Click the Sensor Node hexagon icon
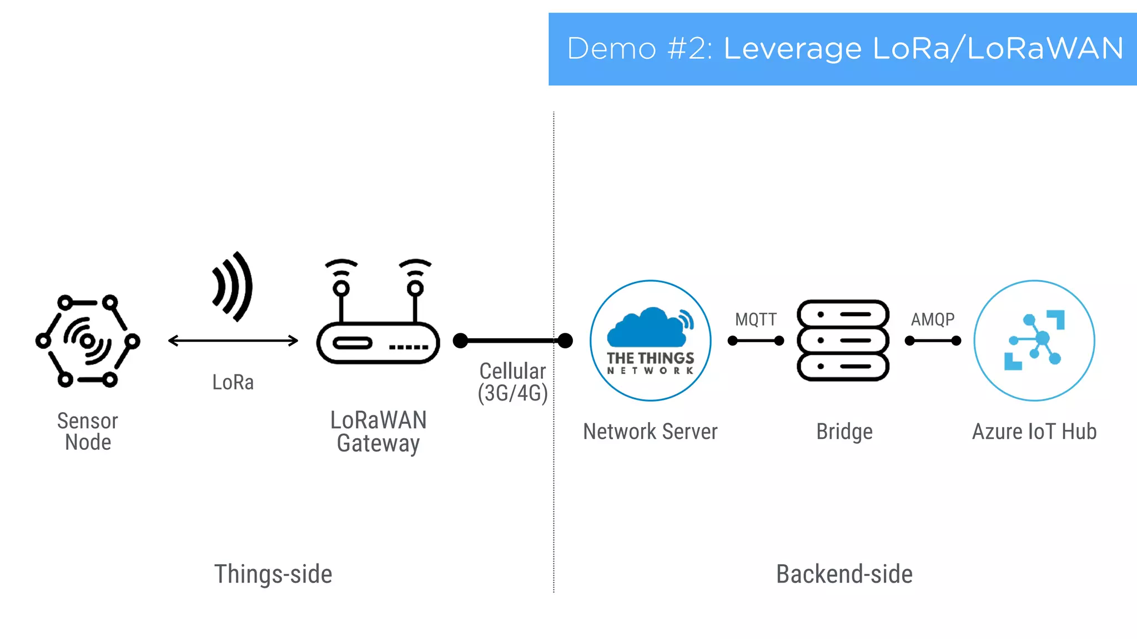88,341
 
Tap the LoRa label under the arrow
233,382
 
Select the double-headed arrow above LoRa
233,341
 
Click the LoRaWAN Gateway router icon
378,342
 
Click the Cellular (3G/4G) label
512,382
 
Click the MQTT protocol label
756,319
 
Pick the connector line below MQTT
756,341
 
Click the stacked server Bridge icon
843,340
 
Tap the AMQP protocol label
933,319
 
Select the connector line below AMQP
933,341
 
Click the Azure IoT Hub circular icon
1034,340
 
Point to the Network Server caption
650,432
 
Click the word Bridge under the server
844,432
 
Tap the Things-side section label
273,574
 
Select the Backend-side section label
844,574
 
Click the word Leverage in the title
792,48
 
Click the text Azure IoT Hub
1034,432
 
